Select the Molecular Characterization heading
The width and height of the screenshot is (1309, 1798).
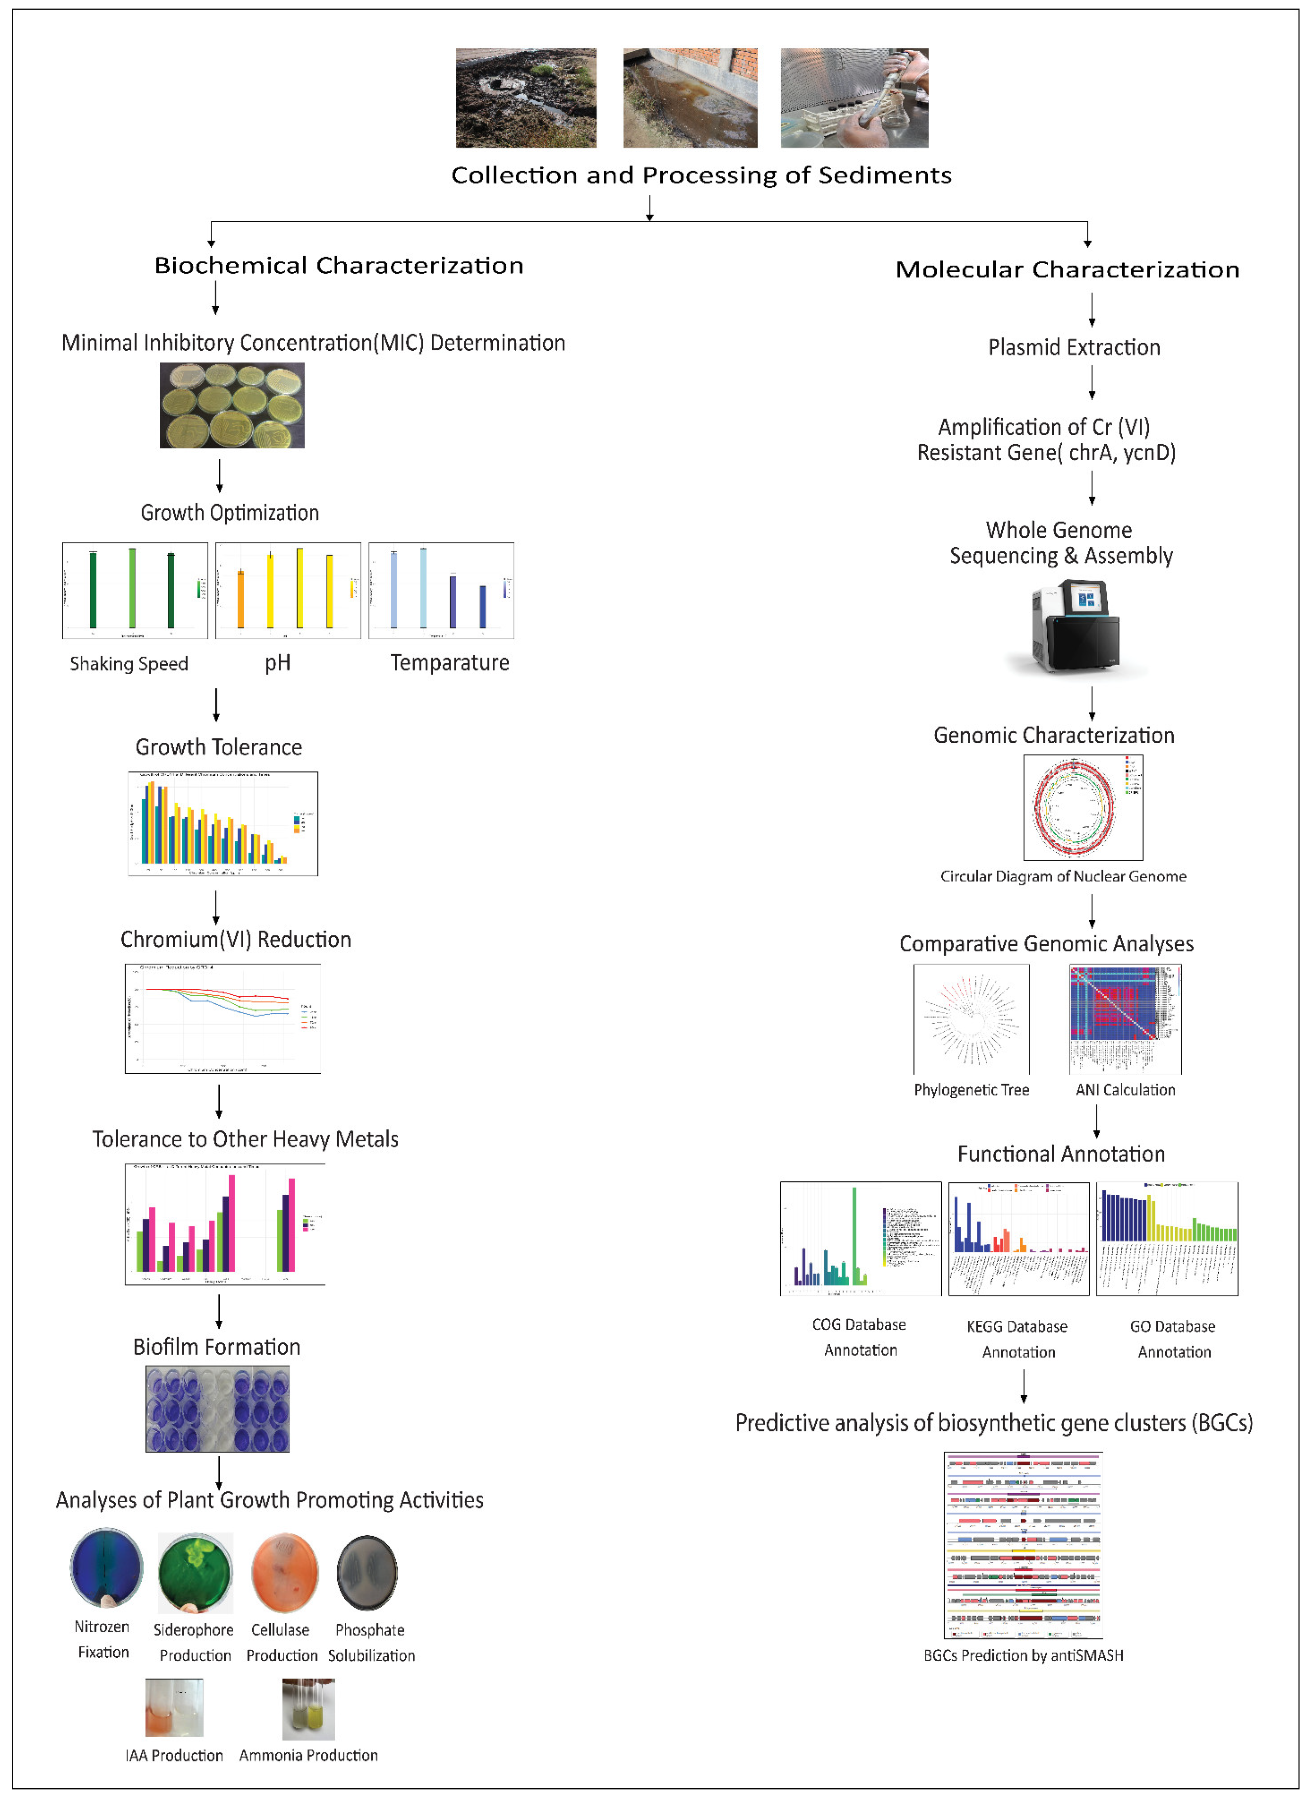1067,270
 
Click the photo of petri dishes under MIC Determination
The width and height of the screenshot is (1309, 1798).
232,405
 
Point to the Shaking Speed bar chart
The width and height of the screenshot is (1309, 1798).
135,591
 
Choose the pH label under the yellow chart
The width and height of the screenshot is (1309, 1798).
278,663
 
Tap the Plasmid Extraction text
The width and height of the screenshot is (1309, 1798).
1073,347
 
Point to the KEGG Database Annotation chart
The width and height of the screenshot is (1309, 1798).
1018,1238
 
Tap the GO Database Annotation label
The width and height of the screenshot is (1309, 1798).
1174,1339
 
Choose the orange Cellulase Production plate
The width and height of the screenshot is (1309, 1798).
284,1573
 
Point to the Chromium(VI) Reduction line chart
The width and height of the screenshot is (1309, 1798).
222,1019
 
